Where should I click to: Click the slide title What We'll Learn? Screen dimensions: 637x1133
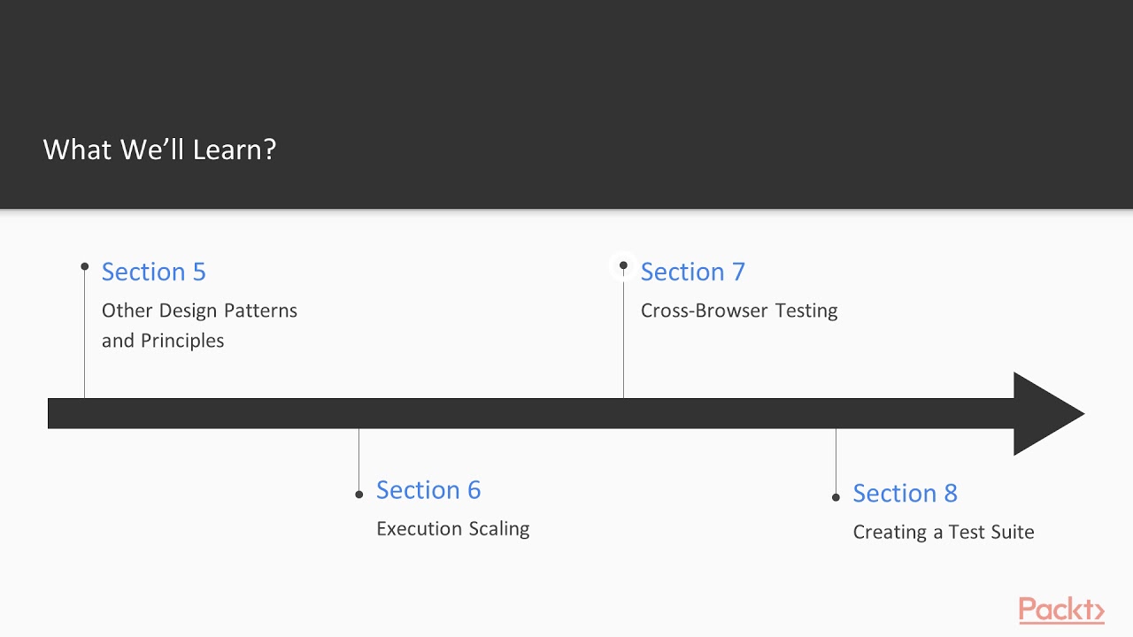pos(159,149)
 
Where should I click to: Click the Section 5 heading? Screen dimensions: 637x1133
pos(153,272)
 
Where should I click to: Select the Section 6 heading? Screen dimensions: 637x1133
pos(428,490)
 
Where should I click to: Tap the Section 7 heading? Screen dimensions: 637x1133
pos(692,272)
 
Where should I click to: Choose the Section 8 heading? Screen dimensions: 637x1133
pos(905,494)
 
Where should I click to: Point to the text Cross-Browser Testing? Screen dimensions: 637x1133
pos(739,311)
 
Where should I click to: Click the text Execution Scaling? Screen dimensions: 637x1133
pos(452,529)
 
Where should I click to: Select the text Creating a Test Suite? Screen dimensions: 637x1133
pos(943,533)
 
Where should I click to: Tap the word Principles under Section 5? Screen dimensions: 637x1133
pos(182,341)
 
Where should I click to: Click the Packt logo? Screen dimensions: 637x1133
pos(1060,610)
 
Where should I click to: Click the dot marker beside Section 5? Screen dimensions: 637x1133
pos(85,266)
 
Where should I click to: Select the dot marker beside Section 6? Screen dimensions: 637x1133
pos(358,495)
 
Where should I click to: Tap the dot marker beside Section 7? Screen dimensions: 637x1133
pos(623,265)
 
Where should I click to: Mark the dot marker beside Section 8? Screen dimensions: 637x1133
pos(836,497)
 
